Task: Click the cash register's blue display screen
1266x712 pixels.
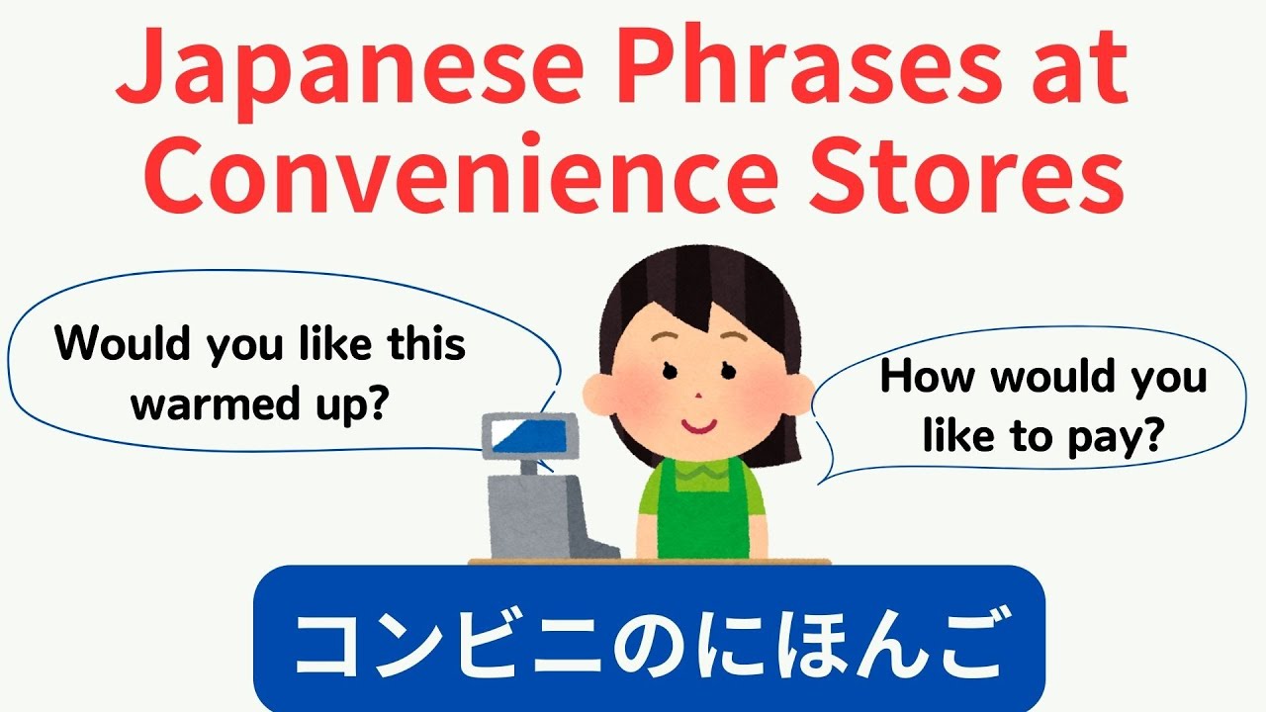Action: [x=522, y=436]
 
